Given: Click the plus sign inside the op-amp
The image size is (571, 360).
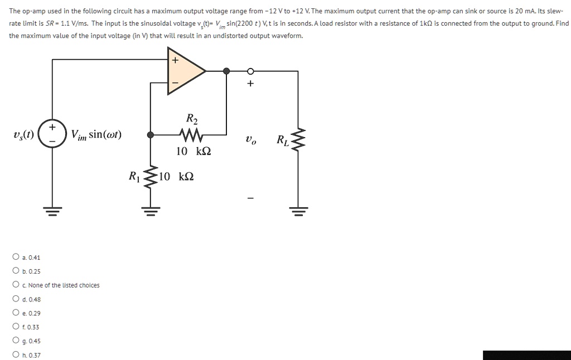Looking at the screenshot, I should tap(175, 60).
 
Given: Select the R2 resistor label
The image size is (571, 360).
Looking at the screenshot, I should tap(191, 118).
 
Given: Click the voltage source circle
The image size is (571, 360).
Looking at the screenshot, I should tap(52, 134).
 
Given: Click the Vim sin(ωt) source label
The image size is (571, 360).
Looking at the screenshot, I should tap(96, 135).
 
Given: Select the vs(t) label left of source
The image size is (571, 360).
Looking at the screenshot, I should tap(23, 135).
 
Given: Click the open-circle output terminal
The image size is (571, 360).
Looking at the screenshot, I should tap(250, 71).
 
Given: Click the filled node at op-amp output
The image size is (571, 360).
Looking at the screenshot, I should tap(226, 71).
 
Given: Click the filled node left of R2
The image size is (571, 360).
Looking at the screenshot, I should tap(151, 134).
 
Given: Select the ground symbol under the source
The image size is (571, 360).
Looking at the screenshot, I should tap(52, 210).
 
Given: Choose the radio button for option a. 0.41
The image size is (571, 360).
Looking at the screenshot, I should tap(16, 257).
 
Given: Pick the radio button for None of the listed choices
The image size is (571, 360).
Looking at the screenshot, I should tap(16, 285).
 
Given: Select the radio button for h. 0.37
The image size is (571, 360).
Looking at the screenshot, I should tap(16, 354).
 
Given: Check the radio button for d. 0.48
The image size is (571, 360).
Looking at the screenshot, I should tap(16, 299).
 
